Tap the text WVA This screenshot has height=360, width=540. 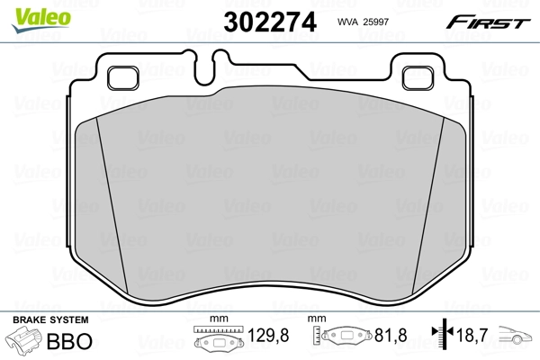click(x=349, y=22)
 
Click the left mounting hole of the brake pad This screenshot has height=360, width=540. click(x=121, y=78)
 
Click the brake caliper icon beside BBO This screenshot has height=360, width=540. click(x=25, y=342)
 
